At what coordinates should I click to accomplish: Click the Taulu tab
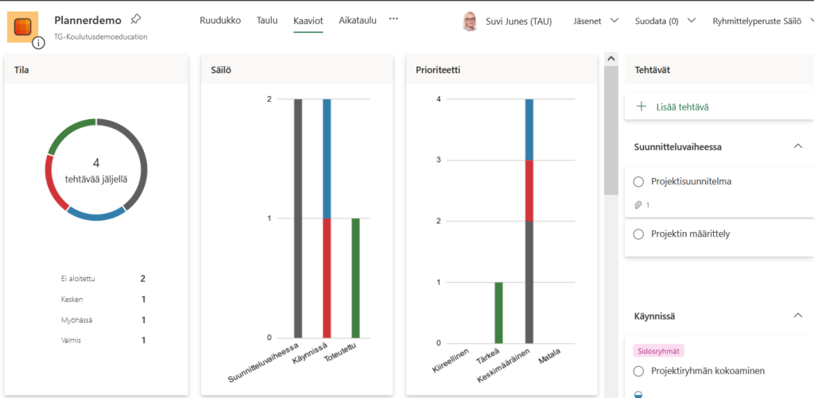click(x=267, y=21)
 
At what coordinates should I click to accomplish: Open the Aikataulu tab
click(x=357, y=21)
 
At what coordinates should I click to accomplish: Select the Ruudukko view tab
click(x=220, y=21)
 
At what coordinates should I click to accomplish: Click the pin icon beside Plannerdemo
click(x=135, y=19)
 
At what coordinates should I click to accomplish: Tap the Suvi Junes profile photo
click(x=470, y=21)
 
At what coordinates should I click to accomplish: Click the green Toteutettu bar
click(x=355, y=277)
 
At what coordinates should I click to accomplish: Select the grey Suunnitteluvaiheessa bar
click(x=298, y=218)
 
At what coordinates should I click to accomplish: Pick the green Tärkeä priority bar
click(x=498, y=312)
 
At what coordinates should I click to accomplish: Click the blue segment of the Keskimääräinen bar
click(x=529, y=129)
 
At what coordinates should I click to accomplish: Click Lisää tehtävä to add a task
click(x=682, y=106)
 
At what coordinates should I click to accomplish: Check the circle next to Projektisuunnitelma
click(x=638, y=181)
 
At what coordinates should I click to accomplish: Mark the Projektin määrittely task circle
click(x=638, y=234)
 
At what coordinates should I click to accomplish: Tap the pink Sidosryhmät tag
click(x=658, y=350)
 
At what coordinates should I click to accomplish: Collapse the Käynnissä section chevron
click(x=797, y=316)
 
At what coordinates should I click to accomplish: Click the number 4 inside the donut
click(x=96, y=163)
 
